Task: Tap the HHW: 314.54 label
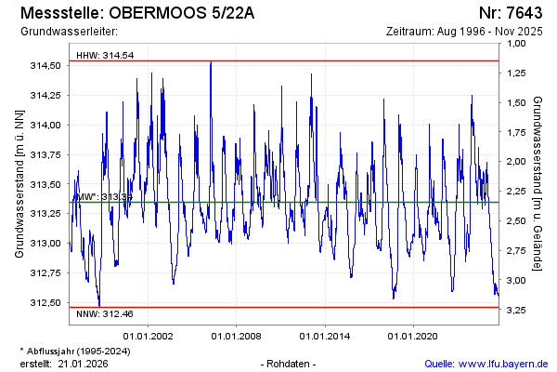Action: tap(105, 55)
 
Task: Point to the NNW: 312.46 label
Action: tap(105, 315)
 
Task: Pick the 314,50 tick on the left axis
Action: tap(46, 65)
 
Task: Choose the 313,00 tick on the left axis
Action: tap(46, 243)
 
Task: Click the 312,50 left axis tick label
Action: tap(46, 302)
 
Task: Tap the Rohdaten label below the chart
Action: tap(290, 363)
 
